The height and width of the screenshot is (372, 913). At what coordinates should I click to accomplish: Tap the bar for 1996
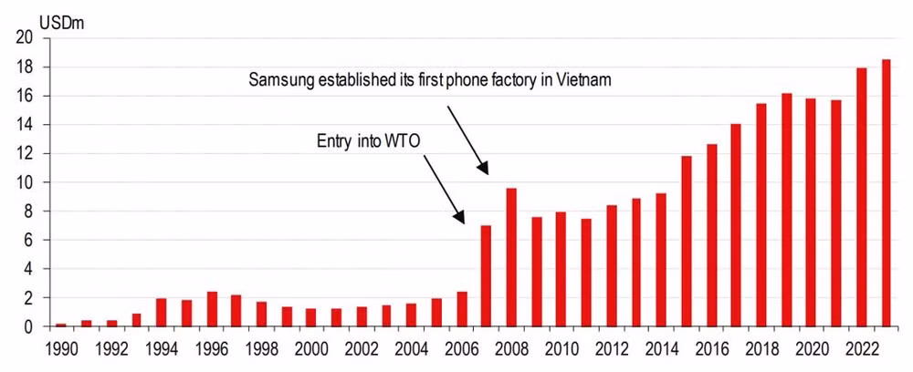(x=212, y=309)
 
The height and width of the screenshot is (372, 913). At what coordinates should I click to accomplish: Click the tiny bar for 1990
(x=61, y=325)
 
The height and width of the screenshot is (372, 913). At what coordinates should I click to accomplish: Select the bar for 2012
(x=612, y=265)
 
